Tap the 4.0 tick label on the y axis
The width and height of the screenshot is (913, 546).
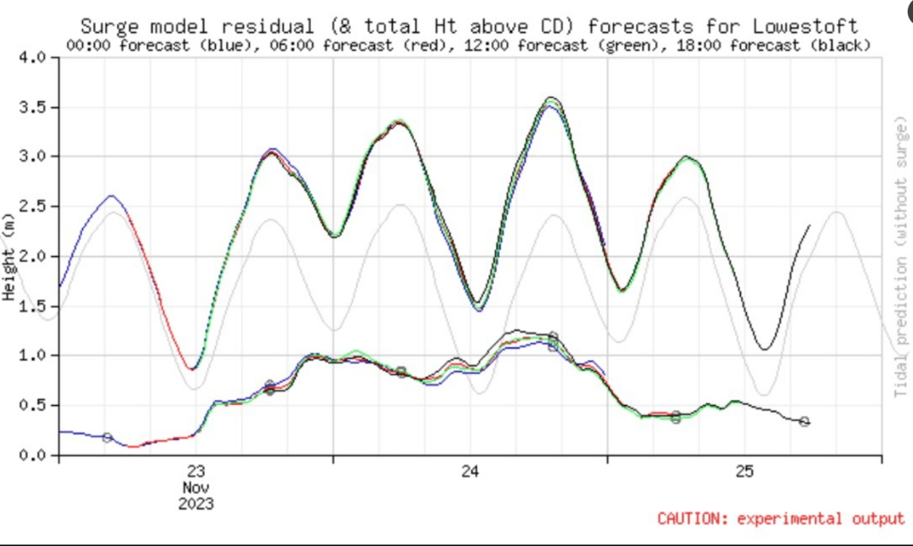click(33, 58)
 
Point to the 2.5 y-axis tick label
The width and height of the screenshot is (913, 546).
click(33, 207)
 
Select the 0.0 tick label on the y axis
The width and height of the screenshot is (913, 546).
click(33, 456)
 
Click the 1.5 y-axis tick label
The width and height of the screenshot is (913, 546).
click(33, 306)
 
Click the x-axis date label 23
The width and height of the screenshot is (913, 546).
click(196, 472)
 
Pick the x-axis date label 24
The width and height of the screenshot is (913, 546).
click(470, 472)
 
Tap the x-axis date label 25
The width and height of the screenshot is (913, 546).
click(745, 472)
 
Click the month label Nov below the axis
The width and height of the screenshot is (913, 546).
click(196, 488)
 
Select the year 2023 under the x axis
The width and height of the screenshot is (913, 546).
click(196, 504)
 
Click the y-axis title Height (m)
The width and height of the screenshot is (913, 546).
click(8, 256)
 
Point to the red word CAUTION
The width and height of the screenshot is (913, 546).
click(687, 518)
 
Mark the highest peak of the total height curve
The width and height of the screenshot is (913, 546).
click(552, 97)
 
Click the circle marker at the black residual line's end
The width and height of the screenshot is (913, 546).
click(804, 421)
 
